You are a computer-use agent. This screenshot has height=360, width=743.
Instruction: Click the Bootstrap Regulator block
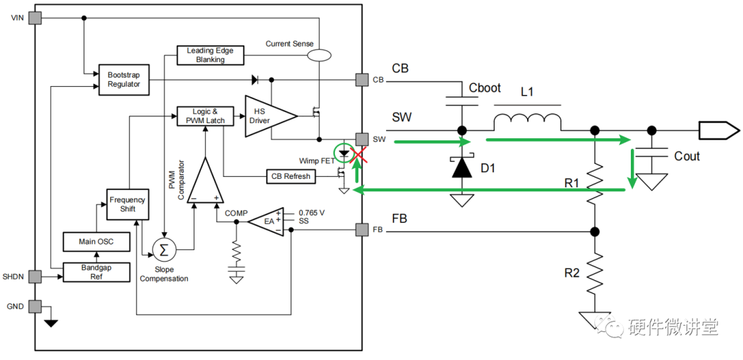click(124, 80)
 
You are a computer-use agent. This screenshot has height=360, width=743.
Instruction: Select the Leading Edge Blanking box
click(210, 56)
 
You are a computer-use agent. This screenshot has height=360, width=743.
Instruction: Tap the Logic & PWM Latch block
click(206, 116)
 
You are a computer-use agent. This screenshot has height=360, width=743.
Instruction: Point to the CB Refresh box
click(290, 176)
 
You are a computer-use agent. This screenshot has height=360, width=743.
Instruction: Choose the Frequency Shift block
click(127, 204)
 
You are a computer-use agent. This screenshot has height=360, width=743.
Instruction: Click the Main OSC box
click(97, 242)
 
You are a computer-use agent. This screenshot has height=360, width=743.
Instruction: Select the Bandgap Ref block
click(97, 272)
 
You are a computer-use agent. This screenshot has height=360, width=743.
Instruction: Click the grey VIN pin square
click(35, 18)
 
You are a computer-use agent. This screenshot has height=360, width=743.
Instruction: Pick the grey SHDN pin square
click(35, 277)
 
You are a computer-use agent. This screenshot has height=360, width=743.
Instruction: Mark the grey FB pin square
click(362, 231)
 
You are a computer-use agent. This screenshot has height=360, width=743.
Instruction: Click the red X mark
click(358, 155)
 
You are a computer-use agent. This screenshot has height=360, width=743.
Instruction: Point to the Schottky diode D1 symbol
click(462, 167)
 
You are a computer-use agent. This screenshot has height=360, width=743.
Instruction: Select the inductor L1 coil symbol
click(528, 121)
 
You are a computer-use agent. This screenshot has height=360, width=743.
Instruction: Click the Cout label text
click(687, 156)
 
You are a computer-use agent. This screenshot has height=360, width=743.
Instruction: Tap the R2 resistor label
click(572, 273)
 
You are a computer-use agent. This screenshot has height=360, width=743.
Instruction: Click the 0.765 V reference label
click(312, 213)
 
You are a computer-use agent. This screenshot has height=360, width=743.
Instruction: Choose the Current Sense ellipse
click(319, 56)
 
